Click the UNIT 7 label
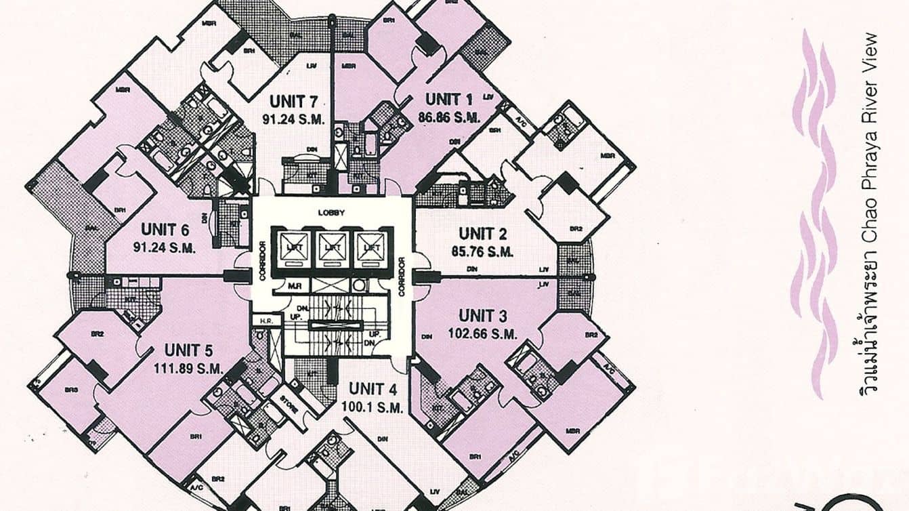click(x=293, y=102)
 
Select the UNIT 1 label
click(x=448, y=100)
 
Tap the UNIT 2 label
click(x=482, y=234)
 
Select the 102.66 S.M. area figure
click(x=482, y=333)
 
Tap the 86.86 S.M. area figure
click(x=449, y=117)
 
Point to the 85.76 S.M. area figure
click(x=482, y=251)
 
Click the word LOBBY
click(x=332, y=213)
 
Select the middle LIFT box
click(x=332, y=248)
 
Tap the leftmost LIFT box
click(x=293, y=248)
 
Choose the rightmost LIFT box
click(x=371, y=248)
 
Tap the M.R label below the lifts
click(x=294, y=286)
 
